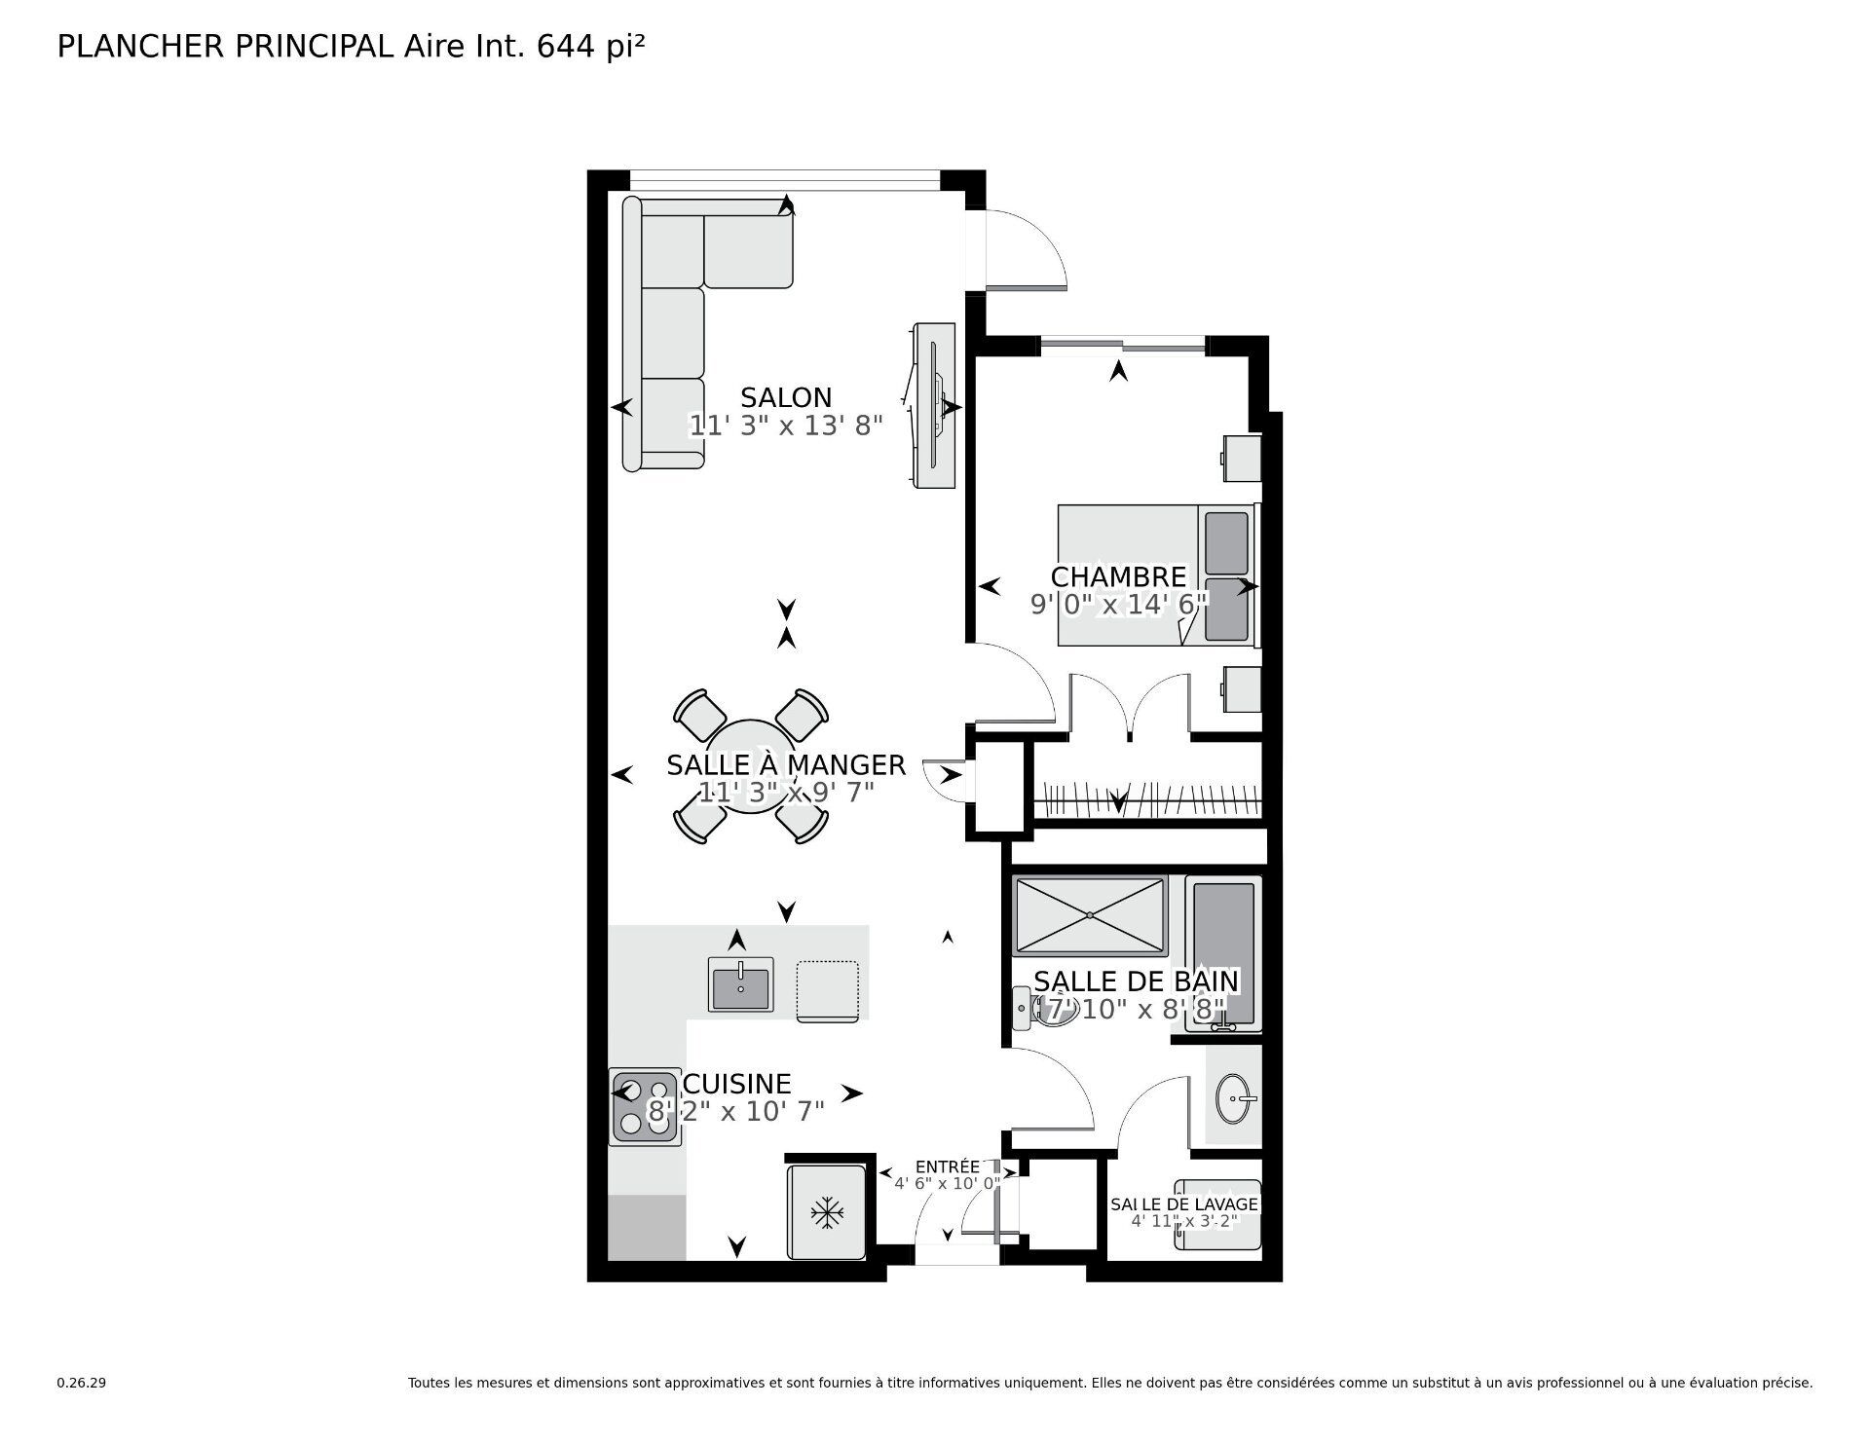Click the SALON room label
[x=786, y=397]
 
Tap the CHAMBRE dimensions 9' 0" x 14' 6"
[x=1119, y=605]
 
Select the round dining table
[x=750, y=766]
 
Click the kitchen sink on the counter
[x=741, y=984]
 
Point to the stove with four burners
[x=644, y=1106]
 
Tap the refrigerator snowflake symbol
[x=827, y=1213]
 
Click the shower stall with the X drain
[x=1090, y=914]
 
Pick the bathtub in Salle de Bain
[x=1223, y=953]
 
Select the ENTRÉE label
[x=947, y=1166]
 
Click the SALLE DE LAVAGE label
[x=1184, y=1204]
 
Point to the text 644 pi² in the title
[x=590, y=47]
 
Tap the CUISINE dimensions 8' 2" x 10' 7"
[x=736, y=1111]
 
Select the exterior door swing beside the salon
[x=1026, y=251]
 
